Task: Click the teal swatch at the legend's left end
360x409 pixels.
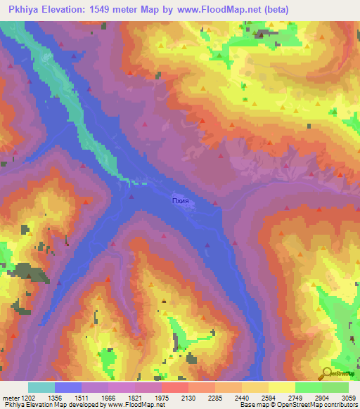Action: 41,387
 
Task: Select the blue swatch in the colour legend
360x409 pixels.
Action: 68,387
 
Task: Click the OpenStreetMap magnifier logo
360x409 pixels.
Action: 328,372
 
